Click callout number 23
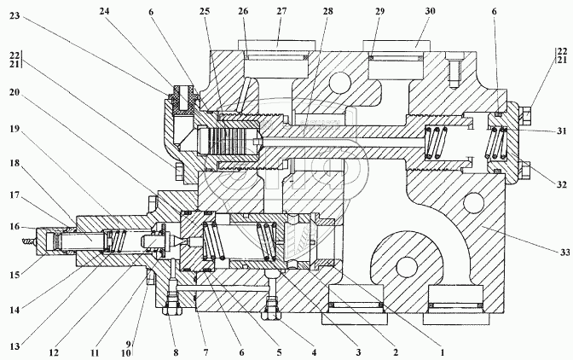pyautogui.click(x=15, y=16)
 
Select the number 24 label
pyautogui.click(x=104, y=11)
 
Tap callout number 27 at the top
pyautogui.click(x=281, y=11)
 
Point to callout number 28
pyautogui.click(x=327, y=11)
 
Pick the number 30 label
pyautogui.click(x=430, y=11)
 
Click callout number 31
pyautogui.click(x=561, y=131)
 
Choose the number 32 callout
pyautogui.click(x=561, y=184)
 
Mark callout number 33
pyautogui.click(x=565, y=253)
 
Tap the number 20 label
pyautogui.click(x=15, y=92)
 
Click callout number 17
pyautogui.click(x=15, y=195)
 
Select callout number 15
pyautogui.click(x=14, y=275)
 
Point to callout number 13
pyautogui.click(x=14, y=345)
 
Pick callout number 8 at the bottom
pyautogui.click(x=176, y=352)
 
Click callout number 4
pyautogui.click(x=314, y=352)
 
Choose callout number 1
pyautogui.click(x=443, y=352)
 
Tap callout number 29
pyautogui.click(x=380, y=11)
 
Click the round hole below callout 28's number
pyautogui.click(x=340, y=82)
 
